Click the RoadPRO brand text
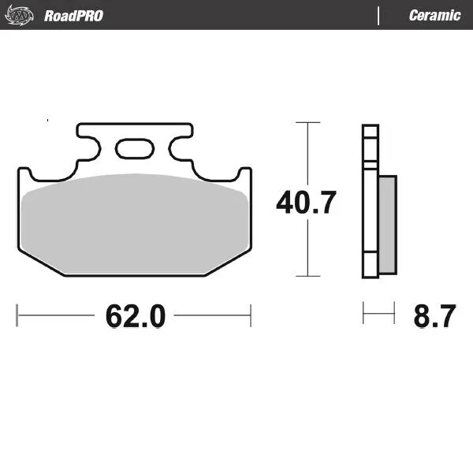(73, 15)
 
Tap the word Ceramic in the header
(434, 15)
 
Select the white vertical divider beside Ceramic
(379, 15)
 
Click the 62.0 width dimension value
(135, 317)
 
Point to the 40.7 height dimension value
(306, 203)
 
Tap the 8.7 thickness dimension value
(434, 317)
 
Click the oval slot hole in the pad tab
(134, 148)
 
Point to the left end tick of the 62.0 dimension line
(17, 315)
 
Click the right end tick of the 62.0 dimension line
(251, 315)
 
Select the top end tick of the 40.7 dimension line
(307, 123)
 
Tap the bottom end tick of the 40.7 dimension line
(307, 276)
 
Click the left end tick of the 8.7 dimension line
(363, 315)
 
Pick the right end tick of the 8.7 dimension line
(394, 315)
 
